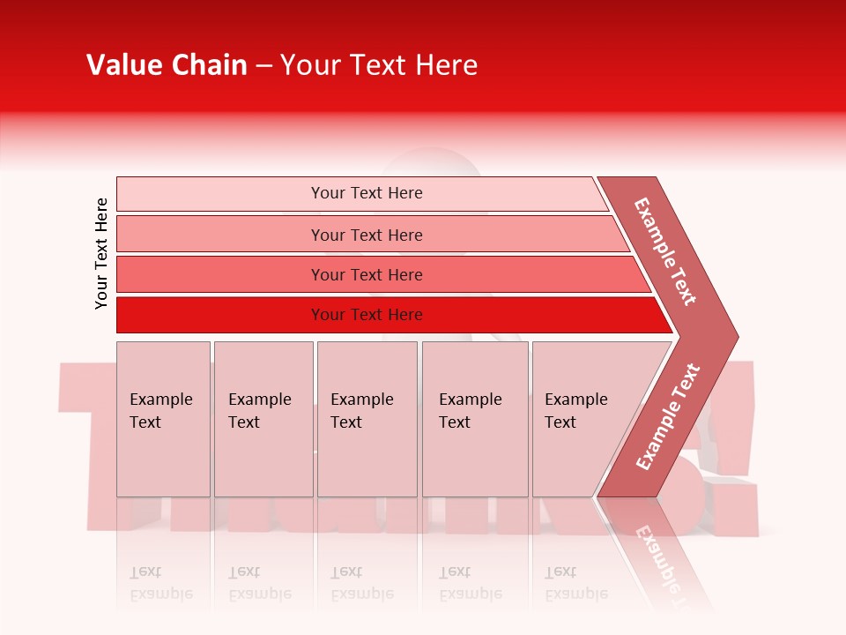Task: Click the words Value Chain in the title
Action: click(x=167, y=65)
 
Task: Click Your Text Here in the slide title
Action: click(x=379, y=65)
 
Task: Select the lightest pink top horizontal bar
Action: click(x=220, y=194)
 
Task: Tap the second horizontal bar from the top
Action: click(x=220, y=235)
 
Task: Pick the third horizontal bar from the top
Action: click(x=220, y=274)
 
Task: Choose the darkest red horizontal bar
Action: click(x=220, y=315)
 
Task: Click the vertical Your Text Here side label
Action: click(x=101, y=253)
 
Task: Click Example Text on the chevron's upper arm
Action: click(x=665, y=251)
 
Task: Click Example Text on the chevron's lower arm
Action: click(x=668, y=416)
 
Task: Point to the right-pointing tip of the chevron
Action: click(x=733, y=336)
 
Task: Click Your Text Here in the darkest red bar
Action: click(x=367, y=315)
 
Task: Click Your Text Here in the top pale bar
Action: click(x=367, y=193)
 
